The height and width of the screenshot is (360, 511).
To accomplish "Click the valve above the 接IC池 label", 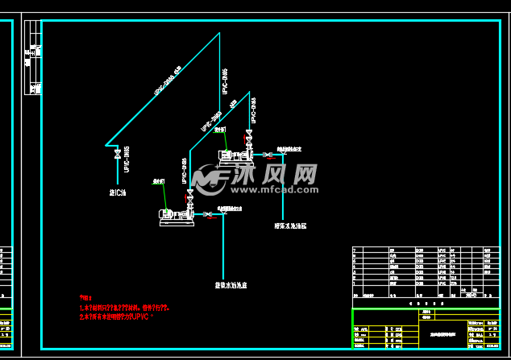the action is pyautogui.click(x=118, y=152).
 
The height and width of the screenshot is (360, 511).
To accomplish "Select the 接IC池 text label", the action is pyautogui.click(x=118, y=192).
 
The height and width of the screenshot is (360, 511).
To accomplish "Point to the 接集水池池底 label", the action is pyautogui.click(x=230, y=285).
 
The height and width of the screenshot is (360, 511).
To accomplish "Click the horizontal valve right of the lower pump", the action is pyautogui.click(x=208, y=213).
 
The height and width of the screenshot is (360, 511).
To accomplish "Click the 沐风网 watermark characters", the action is pyautogui.click(x=275, y=173).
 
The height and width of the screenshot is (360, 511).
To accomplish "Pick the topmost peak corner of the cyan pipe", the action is pyautogui.click(x=220, y=34).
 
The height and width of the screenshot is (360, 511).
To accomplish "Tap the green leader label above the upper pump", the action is pyautogui.click(x=218, y=129).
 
